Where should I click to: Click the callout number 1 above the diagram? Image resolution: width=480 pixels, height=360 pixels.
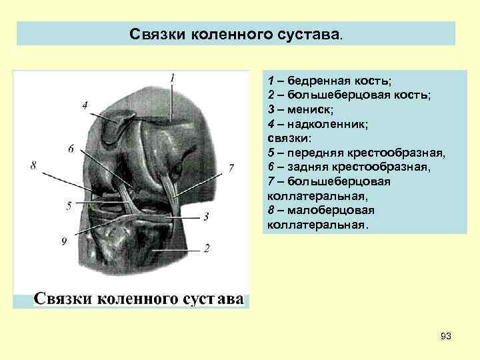coord(172,78)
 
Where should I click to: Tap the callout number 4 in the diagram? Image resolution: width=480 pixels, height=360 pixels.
coord(85,105)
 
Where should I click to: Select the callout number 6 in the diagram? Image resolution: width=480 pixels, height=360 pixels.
coord(71,148)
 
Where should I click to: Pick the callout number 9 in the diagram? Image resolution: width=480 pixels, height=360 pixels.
coord(64,241)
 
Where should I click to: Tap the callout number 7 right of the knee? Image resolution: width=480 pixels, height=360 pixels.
coord(231,167)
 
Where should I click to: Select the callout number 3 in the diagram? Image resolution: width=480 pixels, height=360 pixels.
coord(206,217)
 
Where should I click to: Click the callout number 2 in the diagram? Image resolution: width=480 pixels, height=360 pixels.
coord(207,248)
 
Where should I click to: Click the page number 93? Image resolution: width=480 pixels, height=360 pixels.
coord(446,337)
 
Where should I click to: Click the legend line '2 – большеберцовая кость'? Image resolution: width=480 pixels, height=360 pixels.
coord(348,95)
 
